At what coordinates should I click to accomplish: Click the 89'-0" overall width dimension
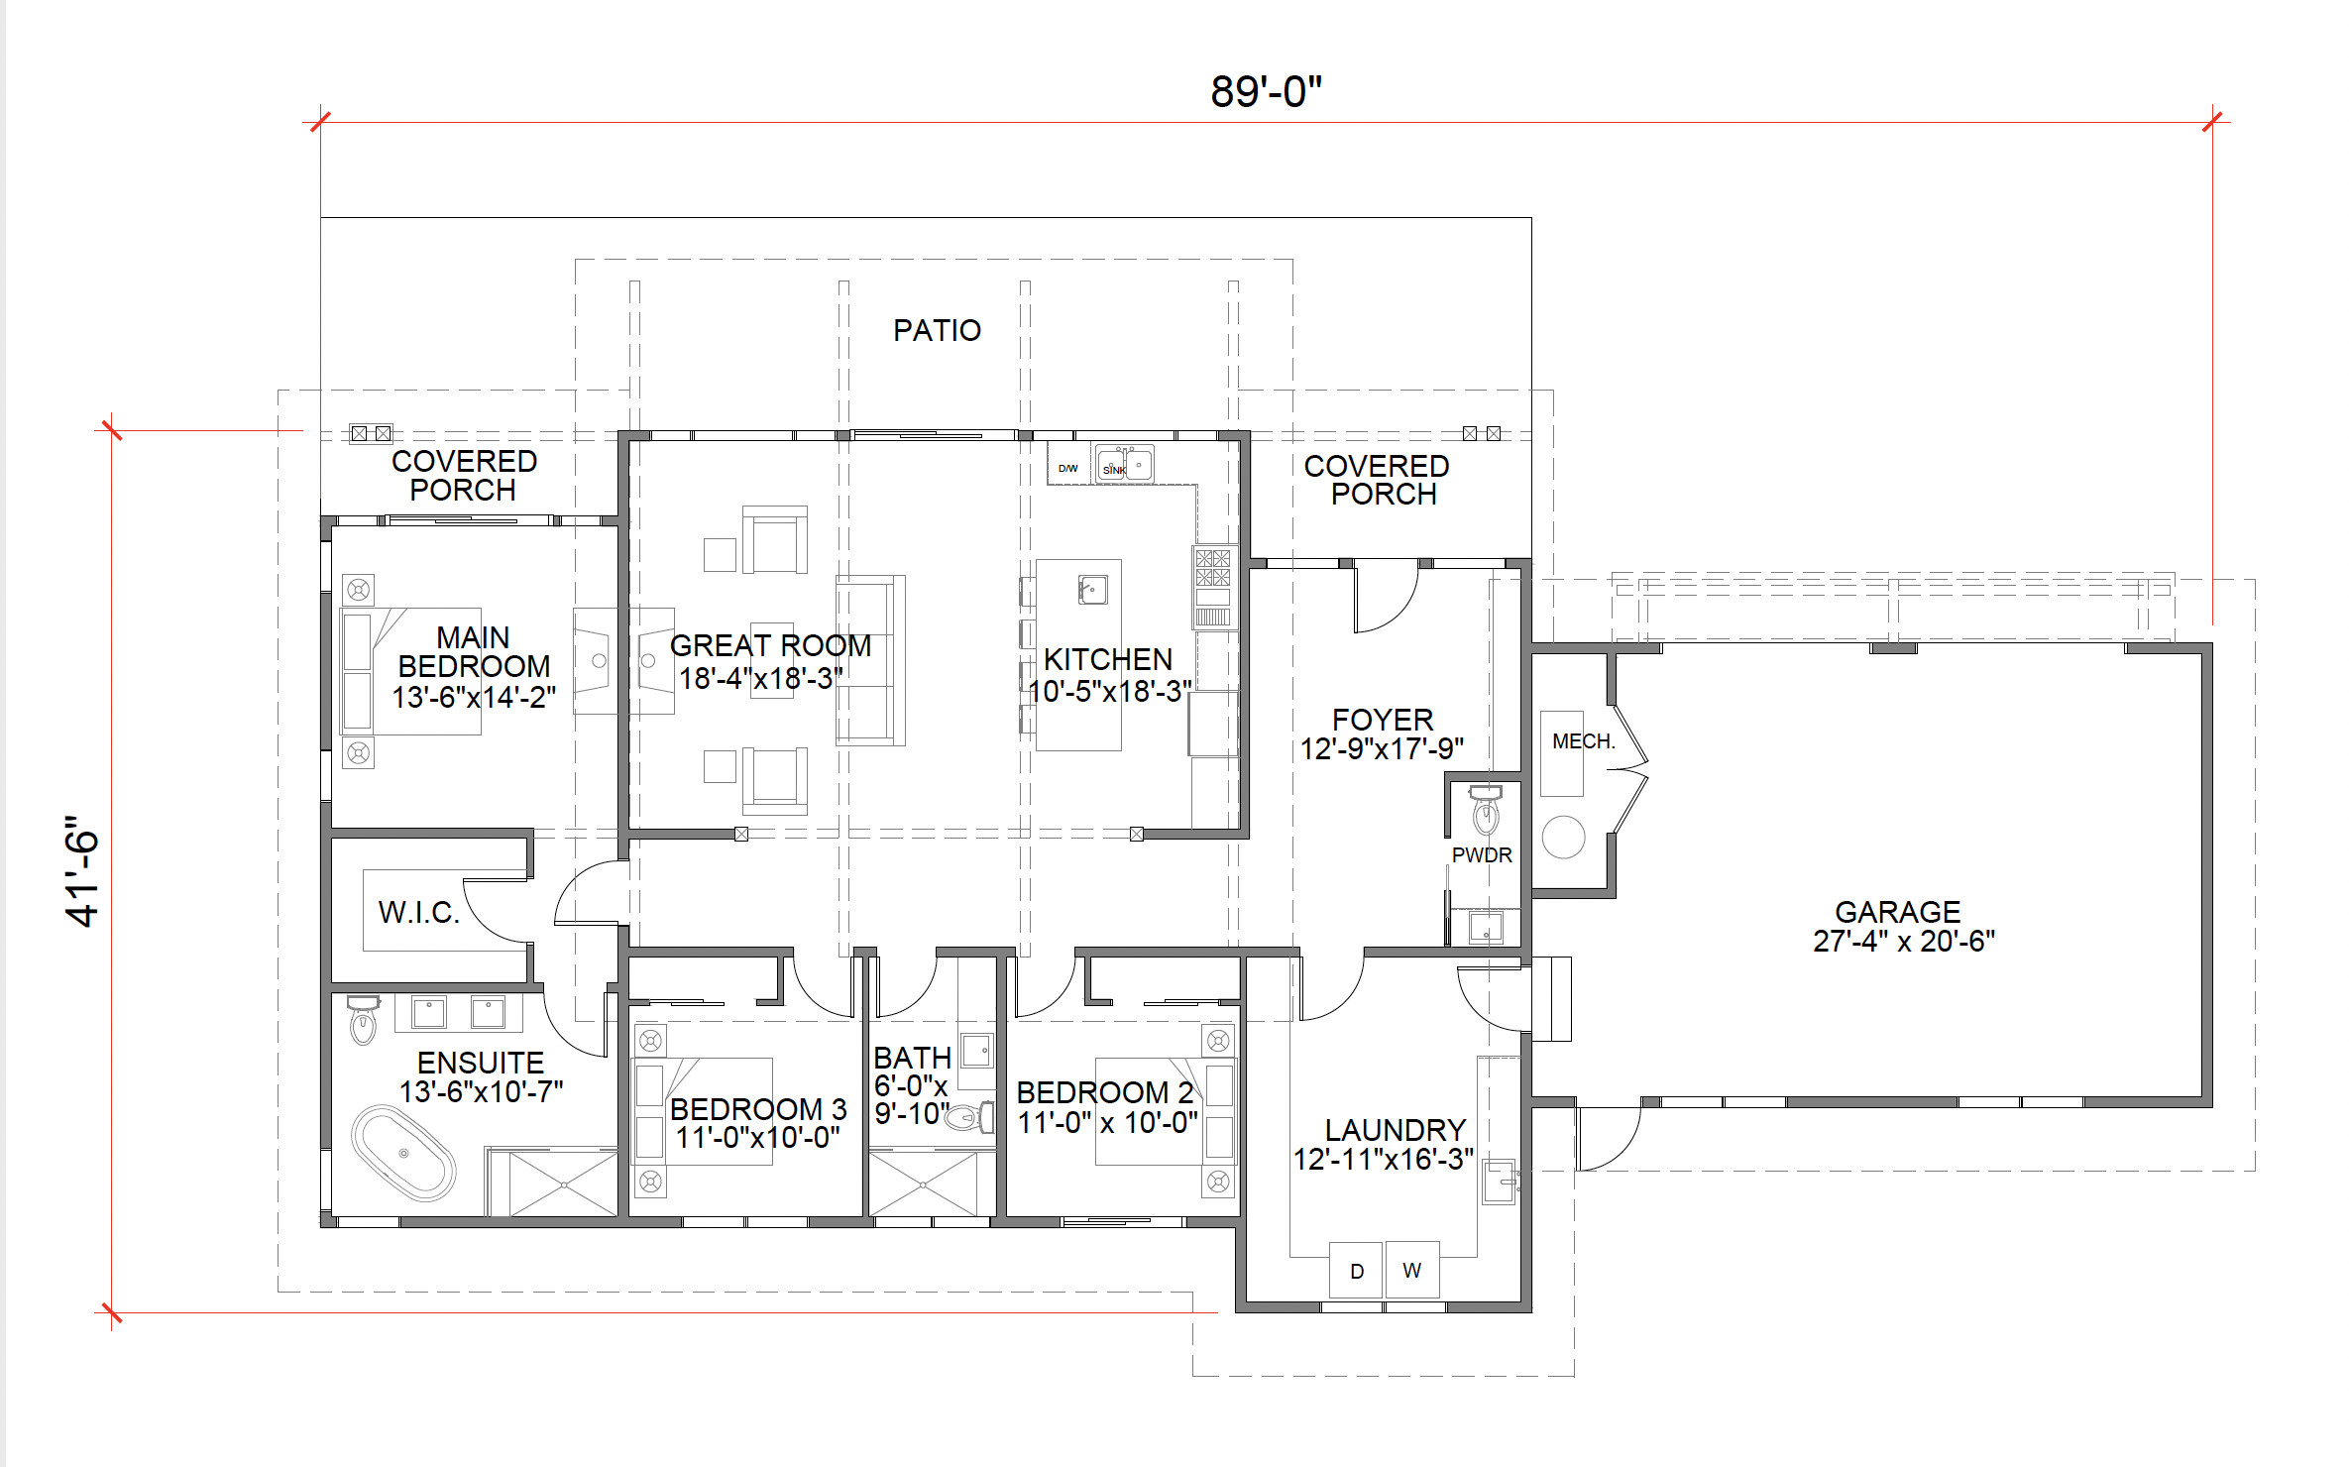pyautogui.click(x=1266, y=91)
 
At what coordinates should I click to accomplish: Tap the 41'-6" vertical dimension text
pyautogui.click(x=83, y=872)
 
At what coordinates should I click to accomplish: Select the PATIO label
pyautogui.click(x=937, y=330)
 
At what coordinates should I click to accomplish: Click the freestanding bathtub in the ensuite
pyautogui.click(x=403, y=1153)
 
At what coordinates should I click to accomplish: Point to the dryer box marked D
pyautogui.click(x=1356, y=1270)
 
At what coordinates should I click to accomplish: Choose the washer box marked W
pyautogui.click(x=1412, y=1270)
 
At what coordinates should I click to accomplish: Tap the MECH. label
pyautogui.click(x=1583, y=741)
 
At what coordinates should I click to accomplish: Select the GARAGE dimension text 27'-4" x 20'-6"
pyautogui.click(x=1903, y=941)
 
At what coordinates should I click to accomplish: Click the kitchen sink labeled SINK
pyautogui.click(x=1124, y=464)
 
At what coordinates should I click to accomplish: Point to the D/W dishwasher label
pyautogui.click(x=1067, y=468)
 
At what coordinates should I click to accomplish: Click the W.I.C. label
pyautogui.click(x=419, y=912)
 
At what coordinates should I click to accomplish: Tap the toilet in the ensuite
pyautogui.click(x=364, y=1020)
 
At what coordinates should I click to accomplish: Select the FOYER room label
pyautogui.click(x=1383, y=720)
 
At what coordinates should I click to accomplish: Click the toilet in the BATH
pyautogui.click(x=968, y=1117)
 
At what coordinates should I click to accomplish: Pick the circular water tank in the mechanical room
pyautogui.click(x=1563, y=837)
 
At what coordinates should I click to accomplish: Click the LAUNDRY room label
pyautogui.click(x=1396, y=1130)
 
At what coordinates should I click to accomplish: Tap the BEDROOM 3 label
pyautogui.click(x=758, y=1108)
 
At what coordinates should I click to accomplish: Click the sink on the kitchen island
pyautogui.click(x=1092, y=589)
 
